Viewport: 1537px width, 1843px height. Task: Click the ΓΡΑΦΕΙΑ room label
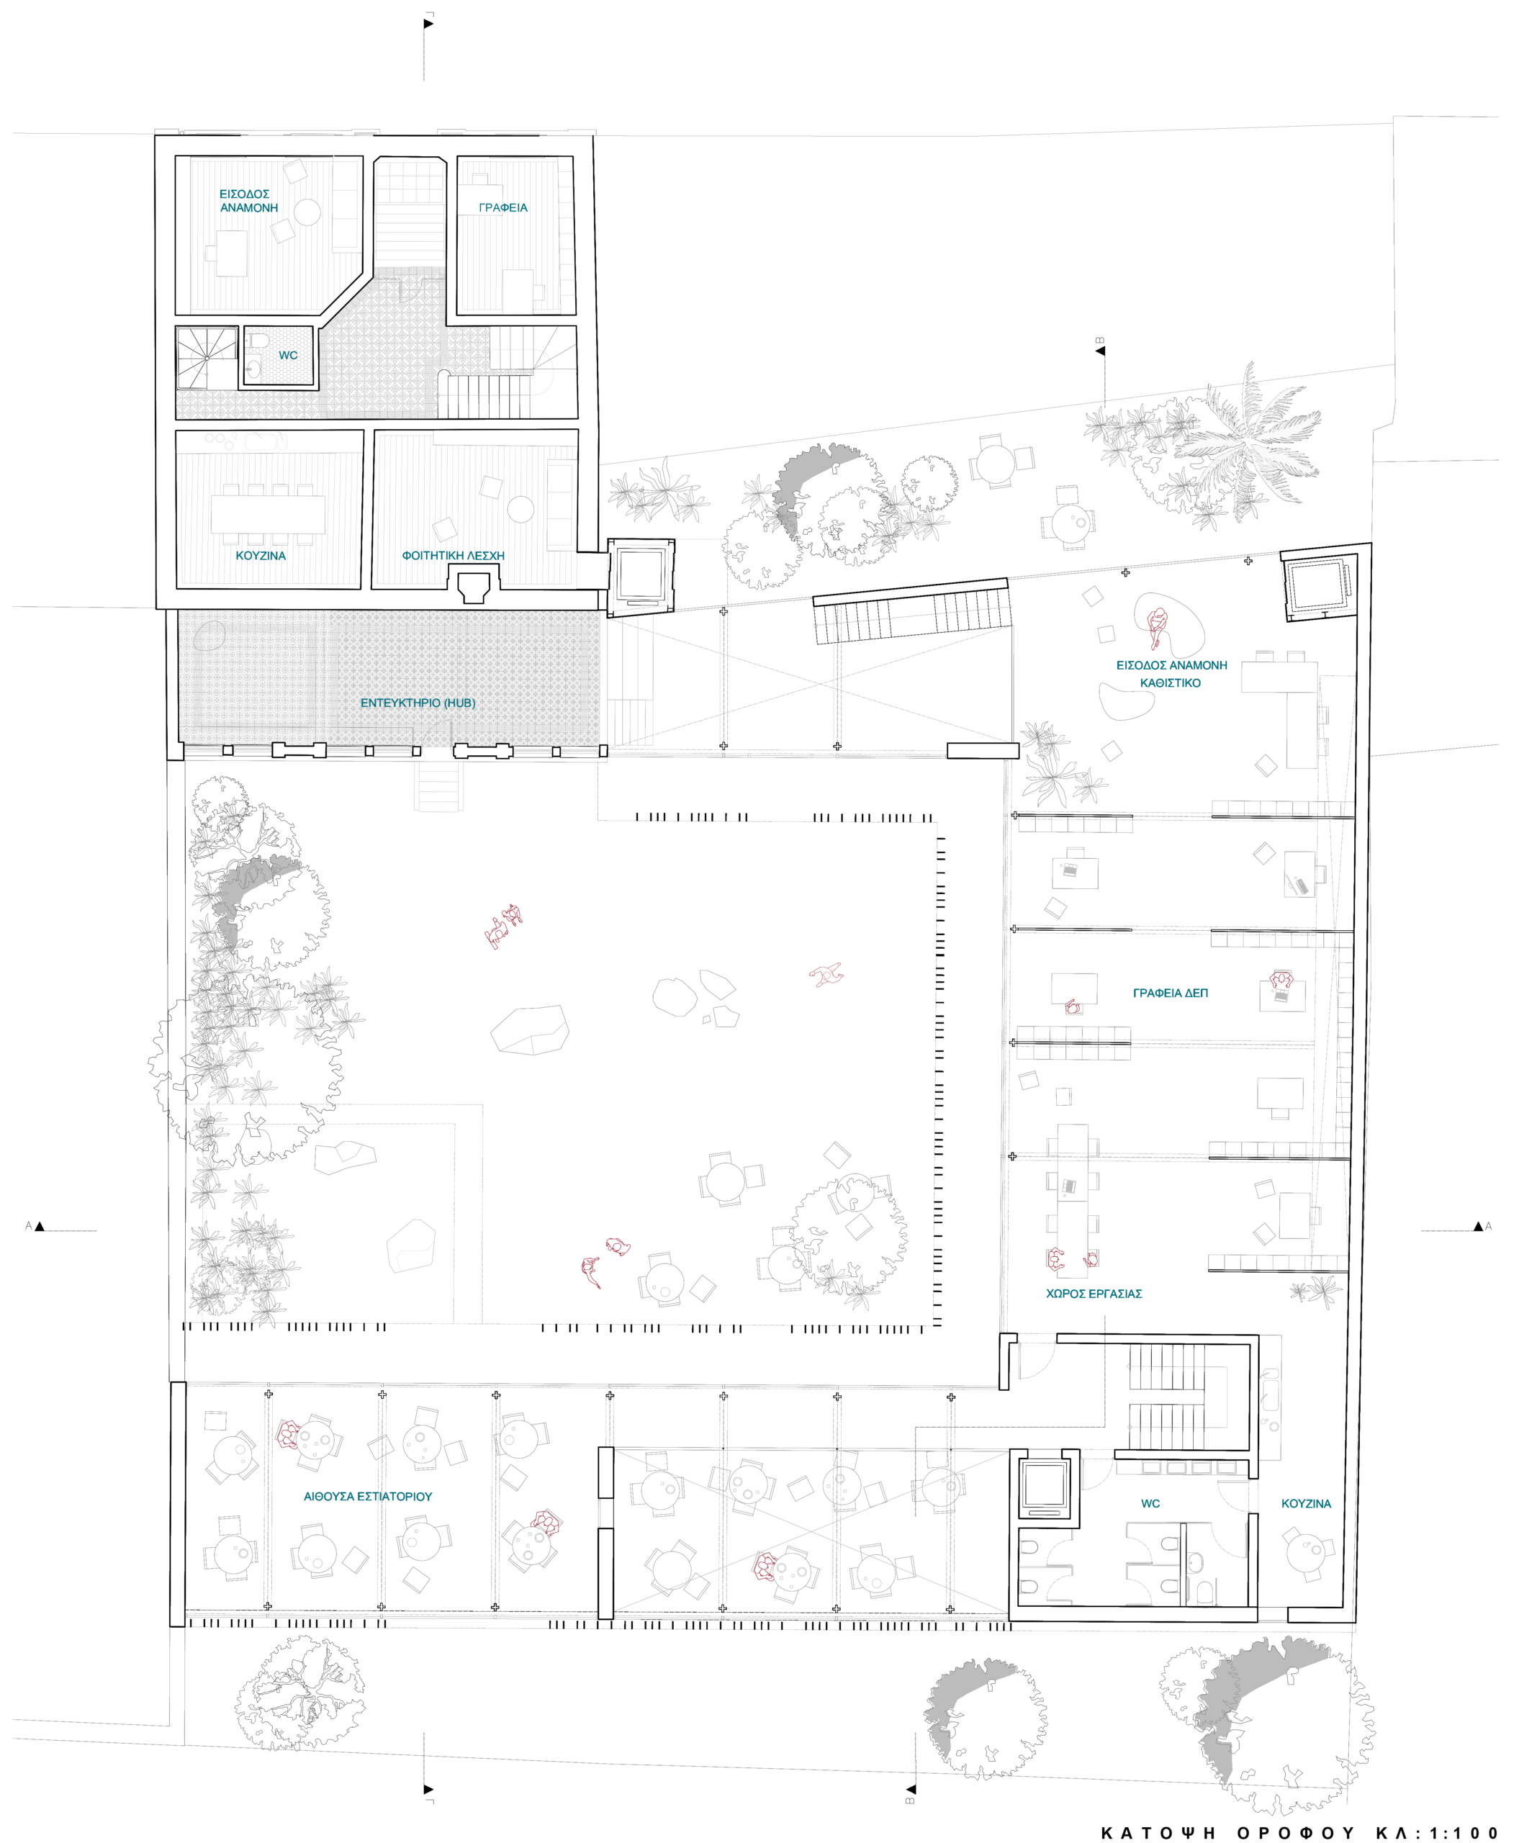[503, 208]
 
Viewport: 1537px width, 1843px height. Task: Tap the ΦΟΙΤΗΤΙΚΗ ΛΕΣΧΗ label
[453, 556]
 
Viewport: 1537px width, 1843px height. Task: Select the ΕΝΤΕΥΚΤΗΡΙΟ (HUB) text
[418, 703]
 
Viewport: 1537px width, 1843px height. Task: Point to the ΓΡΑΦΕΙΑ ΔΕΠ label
[1170, 993]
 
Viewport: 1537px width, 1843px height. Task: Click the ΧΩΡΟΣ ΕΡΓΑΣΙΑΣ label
[1094, 1294]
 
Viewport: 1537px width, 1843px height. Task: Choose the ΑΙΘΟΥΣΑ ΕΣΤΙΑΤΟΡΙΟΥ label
[368, 1496]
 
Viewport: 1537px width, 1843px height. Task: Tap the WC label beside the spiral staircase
[288, 356]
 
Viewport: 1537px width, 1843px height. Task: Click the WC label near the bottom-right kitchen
[1150, 1503]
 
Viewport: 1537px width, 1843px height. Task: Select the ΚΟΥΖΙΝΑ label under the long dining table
[261, 556]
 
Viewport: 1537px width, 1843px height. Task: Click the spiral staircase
[207, 358]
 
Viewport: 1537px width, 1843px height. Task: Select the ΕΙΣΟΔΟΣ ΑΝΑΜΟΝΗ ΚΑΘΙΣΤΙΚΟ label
[1171, 674]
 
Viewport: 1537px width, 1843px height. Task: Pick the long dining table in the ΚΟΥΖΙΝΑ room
[268, 514]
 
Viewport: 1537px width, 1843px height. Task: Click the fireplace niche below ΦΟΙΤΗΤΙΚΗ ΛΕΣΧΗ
[474, 586]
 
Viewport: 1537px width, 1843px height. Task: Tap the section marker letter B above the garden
[1100, 341]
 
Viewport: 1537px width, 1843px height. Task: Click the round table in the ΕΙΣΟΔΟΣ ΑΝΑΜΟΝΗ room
[307, 212]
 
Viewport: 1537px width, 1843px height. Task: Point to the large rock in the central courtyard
[529, 1029]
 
